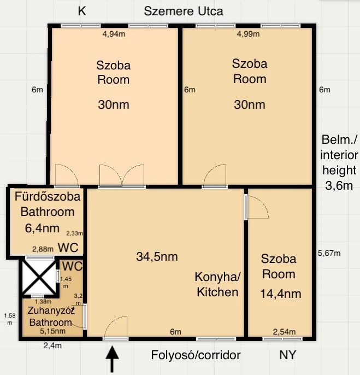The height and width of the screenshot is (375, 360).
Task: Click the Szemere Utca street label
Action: (184, 11)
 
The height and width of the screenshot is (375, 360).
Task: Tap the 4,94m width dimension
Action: (114, 34)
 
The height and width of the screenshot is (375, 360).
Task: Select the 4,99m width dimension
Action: (248, 34)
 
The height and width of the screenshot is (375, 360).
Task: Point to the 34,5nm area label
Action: (157, 256)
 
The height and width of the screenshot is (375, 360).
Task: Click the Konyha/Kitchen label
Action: (217, 284)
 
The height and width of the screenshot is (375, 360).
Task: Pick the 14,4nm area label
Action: (281, 294)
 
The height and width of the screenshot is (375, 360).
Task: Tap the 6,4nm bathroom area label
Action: (42, 228)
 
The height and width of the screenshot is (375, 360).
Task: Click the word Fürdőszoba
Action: (48, 196)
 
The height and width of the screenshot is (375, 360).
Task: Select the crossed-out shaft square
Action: (39, 277)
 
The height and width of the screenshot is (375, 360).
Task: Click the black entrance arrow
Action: (112, 359)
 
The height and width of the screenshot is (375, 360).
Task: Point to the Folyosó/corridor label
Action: (196, 355)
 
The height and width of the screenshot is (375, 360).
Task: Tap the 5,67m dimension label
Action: (329, 253)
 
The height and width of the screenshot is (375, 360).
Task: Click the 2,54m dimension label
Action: (284, 332)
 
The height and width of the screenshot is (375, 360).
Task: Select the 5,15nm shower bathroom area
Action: (52, 331)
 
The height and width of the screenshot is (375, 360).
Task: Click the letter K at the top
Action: (82, 11)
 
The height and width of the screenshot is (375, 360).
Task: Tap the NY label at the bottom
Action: (287, 355)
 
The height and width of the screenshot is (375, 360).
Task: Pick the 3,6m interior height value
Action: (339, 186)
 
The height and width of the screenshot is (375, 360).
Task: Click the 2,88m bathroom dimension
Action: (43, 249)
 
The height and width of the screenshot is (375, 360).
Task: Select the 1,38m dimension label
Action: (43, 302)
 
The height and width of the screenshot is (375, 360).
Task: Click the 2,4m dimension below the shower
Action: (52, 345)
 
